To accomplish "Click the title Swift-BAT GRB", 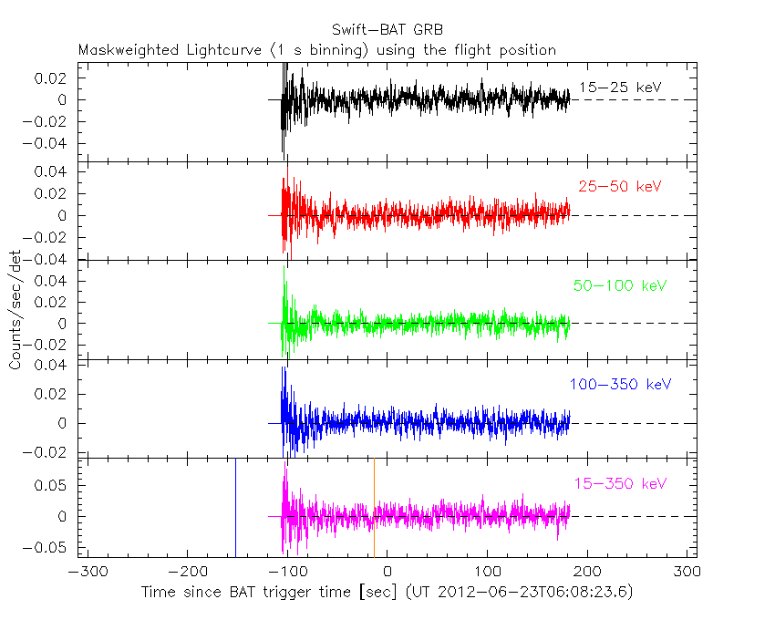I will [387, 28].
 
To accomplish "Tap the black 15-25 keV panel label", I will [620, 88].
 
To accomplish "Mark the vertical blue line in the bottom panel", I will [235, 507].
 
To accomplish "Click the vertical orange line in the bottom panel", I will [374, 507].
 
